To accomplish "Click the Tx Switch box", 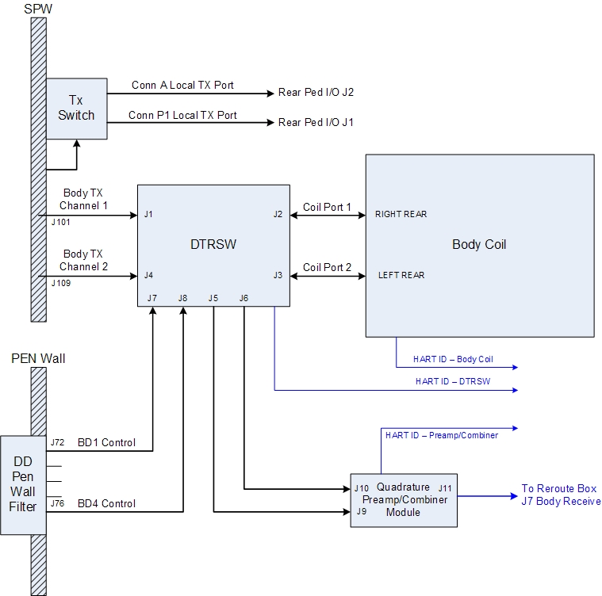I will [x=76, y=109].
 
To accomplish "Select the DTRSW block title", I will [x=214, y=245].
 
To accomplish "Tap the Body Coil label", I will [x=479, y=245].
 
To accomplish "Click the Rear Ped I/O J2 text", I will [x=316, y=93].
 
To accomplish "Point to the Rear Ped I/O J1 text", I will [x=316, y=123].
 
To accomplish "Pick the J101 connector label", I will [x=60, y=222].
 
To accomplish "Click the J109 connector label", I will [x=60, y=282].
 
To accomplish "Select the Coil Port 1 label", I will [x=327, y=207].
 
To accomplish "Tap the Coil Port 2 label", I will [x=327, y=267].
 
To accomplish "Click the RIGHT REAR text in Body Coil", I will [x=401, y=215].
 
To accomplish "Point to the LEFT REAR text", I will [x=401, y=275].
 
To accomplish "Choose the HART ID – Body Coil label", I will [x=453, y=359].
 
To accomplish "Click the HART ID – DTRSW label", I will [x=453, y=381].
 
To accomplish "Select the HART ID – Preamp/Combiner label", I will [x=441, y=435].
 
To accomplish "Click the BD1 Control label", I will [x=106, y=442].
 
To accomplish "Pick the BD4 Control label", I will [x=106, y=503].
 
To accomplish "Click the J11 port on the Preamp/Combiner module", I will [x=445, y=487].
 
